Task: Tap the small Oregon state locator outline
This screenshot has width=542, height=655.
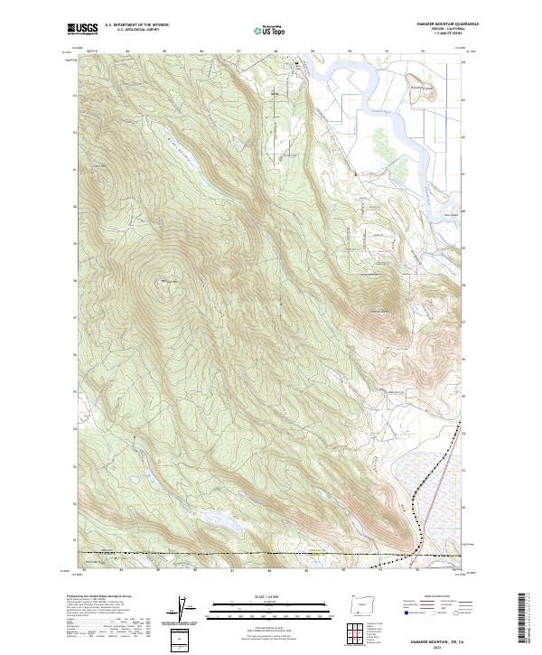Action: click(x=357, y=602)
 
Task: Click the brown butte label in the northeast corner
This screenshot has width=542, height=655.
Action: click(x=412, y=88)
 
